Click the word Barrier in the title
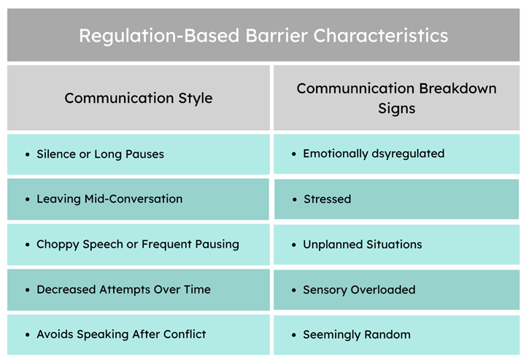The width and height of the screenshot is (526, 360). click(x=276, y=36)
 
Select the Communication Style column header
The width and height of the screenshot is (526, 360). click(x=138, y=98)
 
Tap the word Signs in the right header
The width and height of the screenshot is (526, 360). click(x=397, y=109)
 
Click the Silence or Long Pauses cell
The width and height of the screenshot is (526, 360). click(x=138, y=154)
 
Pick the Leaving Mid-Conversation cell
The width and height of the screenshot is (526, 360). click(x=138, y=199)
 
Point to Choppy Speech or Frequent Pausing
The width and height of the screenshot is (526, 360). click(x=138, y=245)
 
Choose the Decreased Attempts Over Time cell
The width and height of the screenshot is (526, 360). click(x=138, y=289)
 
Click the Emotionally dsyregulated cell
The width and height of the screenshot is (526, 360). click(x=397, y=154)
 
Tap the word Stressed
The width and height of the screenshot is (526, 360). click(x=328, y=199)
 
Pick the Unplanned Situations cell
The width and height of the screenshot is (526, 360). click(x=397, y=245)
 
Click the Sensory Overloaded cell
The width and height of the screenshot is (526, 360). click(x=397, y=290)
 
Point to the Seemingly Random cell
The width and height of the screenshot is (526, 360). click(x=397, y=335)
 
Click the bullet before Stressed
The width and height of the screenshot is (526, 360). click(x=295, y=200)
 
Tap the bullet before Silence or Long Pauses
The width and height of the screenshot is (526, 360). click(x=28, y=155)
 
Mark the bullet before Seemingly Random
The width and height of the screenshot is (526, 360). click(x=294, y=335)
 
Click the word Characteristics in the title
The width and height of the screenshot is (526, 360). click(x=381, y=36)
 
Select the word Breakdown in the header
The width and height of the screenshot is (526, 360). click(x=458, y=88)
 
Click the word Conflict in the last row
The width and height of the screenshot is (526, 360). click(x=185, y=334)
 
